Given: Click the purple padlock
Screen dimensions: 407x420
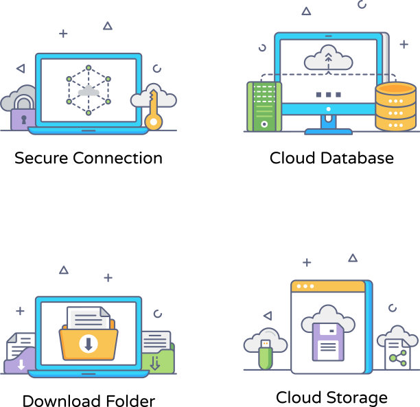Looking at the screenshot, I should click(x=23, y=115).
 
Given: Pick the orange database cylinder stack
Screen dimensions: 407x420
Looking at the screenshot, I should click(x=395, y=107).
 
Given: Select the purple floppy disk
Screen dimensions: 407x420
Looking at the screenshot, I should click(x=328, y=342).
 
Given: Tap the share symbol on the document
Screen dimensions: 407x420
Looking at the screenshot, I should click(x=397, y=356).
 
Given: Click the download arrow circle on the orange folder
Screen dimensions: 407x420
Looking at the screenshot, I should click(x=88, y=343).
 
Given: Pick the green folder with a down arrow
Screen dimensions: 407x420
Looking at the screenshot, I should click(x=157, y=360).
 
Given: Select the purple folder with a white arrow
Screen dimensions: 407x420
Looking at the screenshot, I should click(x=20, y=360).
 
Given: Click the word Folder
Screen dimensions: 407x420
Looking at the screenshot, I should click(x=130, y=401).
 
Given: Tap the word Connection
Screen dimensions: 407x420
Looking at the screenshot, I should click(x=117, y=159).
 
